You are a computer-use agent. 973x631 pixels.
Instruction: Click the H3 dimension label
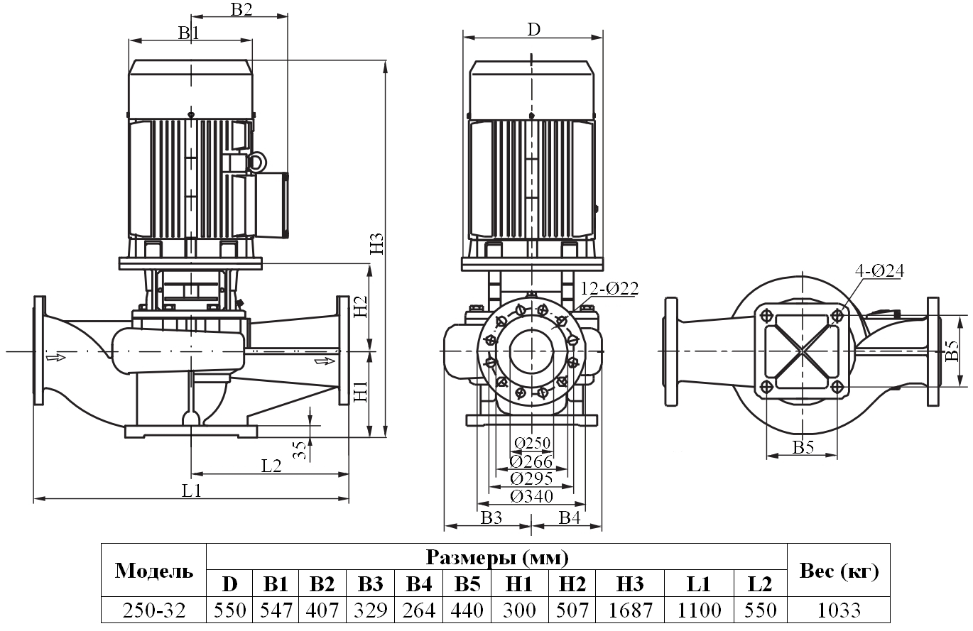[377, 243]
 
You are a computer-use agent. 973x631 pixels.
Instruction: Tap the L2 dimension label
[271, 466]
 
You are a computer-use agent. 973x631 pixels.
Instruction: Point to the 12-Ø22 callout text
[609, 288]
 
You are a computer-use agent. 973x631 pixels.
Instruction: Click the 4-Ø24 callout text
[880, 270]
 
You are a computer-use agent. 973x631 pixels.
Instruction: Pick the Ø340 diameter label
[531, 496]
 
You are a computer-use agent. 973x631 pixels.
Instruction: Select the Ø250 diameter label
[531, 443]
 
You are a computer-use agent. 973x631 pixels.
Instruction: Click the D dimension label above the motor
[533, 29]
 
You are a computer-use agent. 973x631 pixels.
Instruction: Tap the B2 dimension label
[241, 9]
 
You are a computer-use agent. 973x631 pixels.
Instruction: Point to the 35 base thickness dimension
[300, 449]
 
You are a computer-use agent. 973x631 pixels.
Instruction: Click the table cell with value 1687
[630, 610]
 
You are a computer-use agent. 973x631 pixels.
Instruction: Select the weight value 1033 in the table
[838, 610]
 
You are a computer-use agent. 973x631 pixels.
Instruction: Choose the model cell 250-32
[153, 610]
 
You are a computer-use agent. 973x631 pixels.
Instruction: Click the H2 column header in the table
[572, 584]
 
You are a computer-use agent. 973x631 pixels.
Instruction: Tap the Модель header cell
[153, 571]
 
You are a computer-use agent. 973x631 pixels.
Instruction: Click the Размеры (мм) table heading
[496, 556]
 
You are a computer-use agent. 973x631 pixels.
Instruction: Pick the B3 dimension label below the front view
[491, 517]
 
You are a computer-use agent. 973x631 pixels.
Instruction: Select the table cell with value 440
[467, 610]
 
